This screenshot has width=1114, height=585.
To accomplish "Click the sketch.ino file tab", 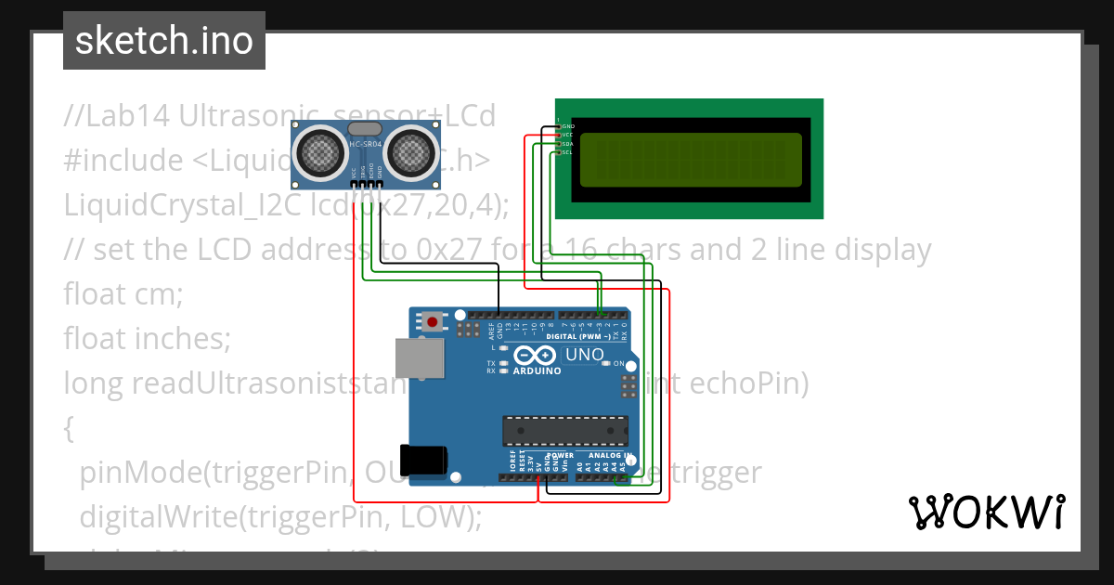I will [x=164, y=41].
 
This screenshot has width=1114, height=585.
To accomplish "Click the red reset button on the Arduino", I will [x=433, y=322].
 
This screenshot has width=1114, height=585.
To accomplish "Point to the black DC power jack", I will [x=426, y=460].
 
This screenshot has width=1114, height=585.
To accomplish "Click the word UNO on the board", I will [x=584, y=355].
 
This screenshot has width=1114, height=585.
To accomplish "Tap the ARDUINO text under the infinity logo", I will [x=537, y=370].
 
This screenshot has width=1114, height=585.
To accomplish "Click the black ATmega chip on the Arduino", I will [x=565, y=431].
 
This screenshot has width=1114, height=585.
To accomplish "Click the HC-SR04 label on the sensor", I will [x=364, y=143].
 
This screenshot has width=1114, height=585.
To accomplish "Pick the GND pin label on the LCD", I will [x=568, y=125].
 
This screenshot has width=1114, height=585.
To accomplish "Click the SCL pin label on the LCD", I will [x=568, y=153].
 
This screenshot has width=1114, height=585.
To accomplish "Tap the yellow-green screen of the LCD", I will [x=690, y=160].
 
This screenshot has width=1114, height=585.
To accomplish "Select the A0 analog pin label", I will [x=580, y=466].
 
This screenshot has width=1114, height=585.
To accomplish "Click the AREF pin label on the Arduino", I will [x=491, y=330].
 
